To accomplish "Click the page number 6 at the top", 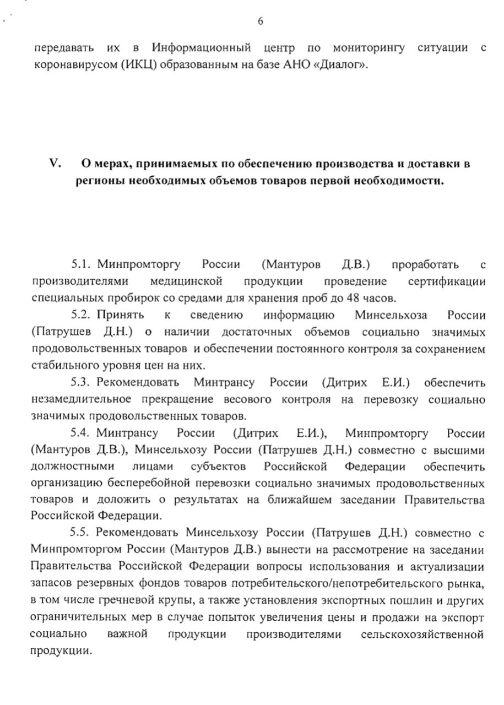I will click(x=261, y=21).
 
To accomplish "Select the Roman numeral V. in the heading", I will click(x=56, y=164).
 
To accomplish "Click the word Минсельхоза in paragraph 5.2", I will click(x=387, y=316).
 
